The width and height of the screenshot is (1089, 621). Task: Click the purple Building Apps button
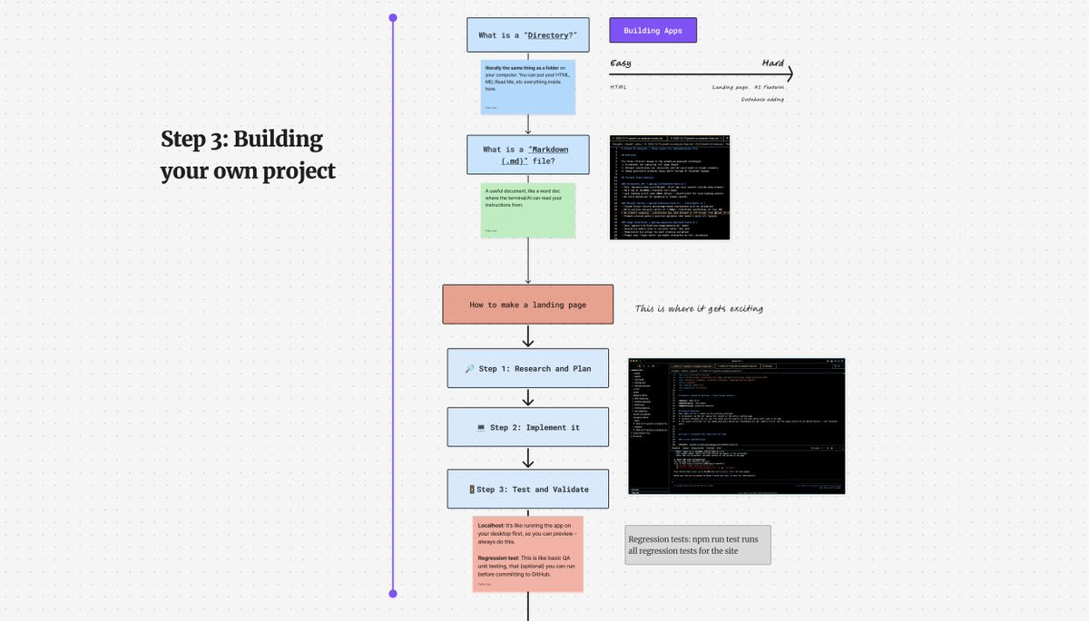click(x=652, y=31)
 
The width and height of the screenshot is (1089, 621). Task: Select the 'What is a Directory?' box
click(x=527, y=35)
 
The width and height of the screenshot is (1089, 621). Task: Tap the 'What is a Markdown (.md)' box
click(x=527, y=155)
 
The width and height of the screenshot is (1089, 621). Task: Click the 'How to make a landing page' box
click(x=527, y=305)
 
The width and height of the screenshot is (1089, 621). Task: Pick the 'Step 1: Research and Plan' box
click(x=527, y=369)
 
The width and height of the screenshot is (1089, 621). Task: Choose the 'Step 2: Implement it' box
click(x=527, y=427)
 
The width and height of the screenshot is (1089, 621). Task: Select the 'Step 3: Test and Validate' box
click(x=527, y=490)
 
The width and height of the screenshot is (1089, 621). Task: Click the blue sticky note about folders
click(x=527, y=86)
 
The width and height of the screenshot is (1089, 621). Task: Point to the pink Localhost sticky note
click(x=527, y=554)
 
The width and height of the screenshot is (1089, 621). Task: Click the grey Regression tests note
click(x=697, y=545)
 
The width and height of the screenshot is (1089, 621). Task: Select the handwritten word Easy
click(x=621, y=63)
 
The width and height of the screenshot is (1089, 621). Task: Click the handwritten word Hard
click(x=772, y=63)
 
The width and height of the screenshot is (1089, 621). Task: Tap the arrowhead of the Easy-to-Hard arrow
click(x=790, y=74)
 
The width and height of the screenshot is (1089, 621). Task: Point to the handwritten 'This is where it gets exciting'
click(x=699, y=309)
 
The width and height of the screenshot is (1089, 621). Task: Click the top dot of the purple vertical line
click(x=393, y=17)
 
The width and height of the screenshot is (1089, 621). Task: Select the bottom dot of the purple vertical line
click(x=393, y=594)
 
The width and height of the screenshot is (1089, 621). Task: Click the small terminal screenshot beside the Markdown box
click(x=670, y=188)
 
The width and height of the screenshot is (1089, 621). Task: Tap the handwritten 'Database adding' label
click(x=762, y=100)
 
